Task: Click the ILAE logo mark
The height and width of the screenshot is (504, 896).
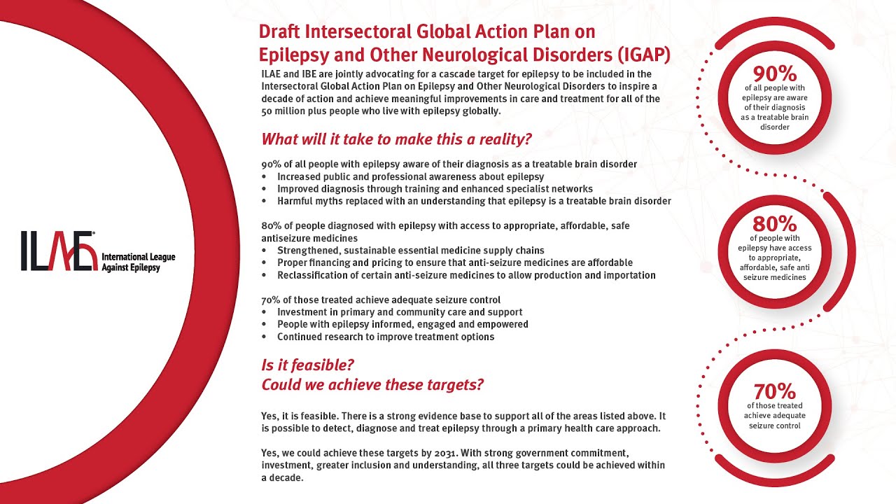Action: [x=59, y=251]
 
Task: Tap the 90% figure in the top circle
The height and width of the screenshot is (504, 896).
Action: [x=774, y=73]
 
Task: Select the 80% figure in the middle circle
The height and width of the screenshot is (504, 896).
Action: [x=774, y=224]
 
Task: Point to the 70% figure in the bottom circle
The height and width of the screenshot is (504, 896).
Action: [x=774, y=391]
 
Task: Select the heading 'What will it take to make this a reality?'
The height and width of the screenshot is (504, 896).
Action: [x=396, y=139]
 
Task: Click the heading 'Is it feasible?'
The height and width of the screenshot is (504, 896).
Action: [x=307, y=365]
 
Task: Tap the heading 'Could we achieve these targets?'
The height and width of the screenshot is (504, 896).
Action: [x=372, y=385]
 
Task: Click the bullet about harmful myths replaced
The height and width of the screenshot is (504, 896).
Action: [x=474, y=201]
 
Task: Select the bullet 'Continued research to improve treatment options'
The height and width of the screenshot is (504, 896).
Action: [x=385, y=337]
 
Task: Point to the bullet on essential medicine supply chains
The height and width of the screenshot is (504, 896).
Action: [x=410, y=250]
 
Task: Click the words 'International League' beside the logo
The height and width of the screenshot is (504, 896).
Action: [x=138, y=257]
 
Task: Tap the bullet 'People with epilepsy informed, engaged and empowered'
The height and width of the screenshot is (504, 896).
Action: [x=402, y=324]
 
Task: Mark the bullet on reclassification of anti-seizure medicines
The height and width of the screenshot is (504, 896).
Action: [x=466, y=275]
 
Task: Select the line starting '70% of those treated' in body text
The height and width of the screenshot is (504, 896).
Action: [x=381, y=300]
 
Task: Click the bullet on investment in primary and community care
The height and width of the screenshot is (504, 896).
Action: [x=400, y=311]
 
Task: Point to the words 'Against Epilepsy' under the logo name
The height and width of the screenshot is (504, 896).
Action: [x=131, y=268]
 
